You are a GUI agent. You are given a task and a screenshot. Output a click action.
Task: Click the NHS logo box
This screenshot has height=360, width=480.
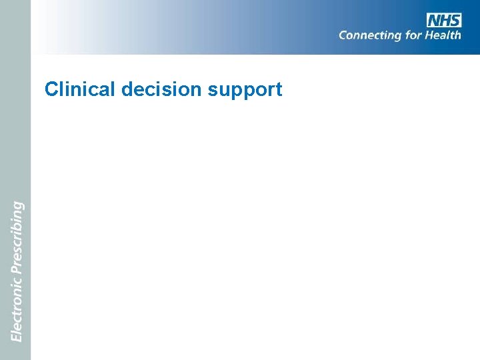(x=444, y=20)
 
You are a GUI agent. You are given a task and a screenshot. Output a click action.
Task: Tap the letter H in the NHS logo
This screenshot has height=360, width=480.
(x=445, y=20)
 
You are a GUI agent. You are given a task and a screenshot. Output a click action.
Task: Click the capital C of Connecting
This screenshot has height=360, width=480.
(x=343, y=35)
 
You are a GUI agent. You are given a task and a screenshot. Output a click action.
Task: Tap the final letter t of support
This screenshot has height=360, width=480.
(x=279, y=90)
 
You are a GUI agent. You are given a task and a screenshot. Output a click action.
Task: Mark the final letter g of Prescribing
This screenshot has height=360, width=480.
(x=18, y=205)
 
